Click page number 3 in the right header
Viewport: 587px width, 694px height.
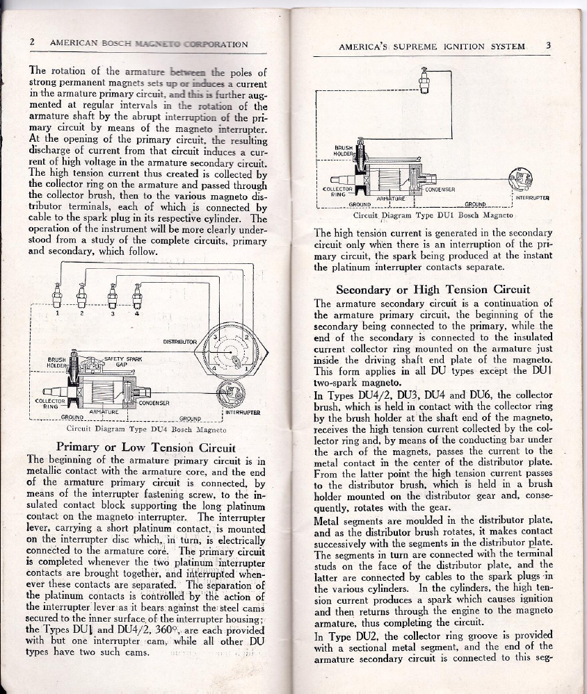(548, 47)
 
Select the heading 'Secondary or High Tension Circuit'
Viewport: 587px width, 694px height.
(433, 289)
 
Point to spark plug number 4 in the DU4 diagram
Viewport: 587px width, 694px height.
(137, 297)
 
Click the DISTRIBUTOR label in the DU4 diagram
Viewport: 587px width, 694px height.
(181, 342)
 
